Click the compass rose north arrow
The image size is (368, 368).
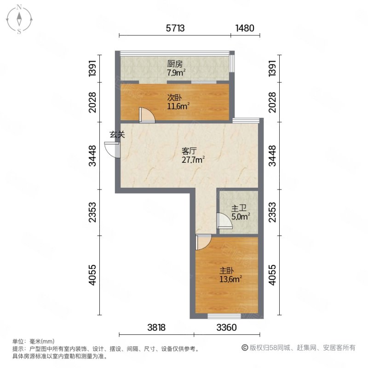(x=19, y=19)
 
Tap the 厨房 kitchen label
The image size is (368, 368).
(x=175, y=64)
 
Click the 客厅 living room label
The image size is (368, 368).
(x=189, y=151)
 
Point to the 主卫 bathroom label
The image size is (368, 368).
(x=239, y=208)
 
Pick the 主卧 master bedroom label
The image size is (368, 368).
(x=226, y=271)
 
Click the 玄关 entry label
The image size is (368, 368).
(x=117, y=135)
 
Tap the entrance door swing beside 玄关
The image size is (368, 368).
(x=112, y=150)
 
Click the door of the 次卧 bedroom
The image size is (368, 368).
(x=147, y=115)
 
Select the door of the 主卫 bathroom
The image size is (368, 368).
(x=224, y=221)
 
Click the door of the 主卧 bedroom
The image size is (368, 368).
(x=203, y=242)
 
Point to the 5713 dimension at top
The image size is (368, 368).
(x=175, y=28)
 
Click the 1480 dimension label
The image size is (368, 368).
(x=245, y=28)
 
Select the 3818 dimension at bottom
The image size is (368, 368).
(x=156, y=328)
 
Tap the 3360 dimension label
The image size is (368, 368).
(x=226, y=328)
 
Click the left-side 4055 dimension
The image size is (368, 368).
(x=93, y=275)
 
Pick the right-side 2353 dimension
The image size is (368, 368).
(x=272, y=212)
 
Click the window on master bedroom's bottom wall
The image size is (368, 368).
(x=224, y=316)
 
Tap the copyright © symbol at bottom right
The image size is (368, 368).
(x=245, y=348)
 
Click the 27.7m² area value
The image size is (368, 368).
(x=193, y=160)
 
